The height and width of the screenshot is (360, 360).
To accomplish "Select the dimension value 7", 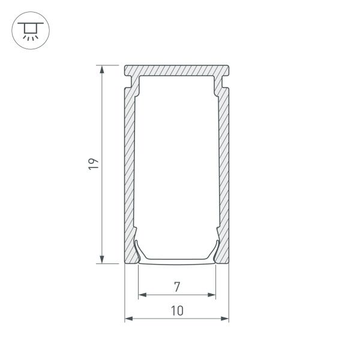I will coord(177,287).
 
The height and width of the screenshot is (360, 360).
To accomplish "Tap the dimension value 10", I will coord(177,311).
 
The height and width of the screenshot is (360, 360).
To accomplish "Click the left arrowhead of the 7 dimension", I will coord(142,295).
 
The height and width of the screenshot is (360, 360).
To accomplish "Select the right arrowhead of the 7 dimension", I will coord(212,295).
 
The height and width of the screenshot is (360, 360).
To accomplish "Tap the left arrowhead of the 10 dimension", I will coord(128,319).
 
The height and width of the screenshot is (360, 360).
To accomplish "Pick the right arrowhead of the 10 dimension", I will coord(226,319).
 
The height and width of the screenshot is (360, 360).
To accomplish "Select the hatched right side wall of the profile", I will coord(224,174).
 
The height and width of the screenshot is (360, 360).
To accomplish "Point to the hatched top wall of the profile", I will coord(177,69).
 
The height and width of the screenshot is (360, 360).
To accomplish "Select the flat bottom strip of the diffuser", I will coord(177,261).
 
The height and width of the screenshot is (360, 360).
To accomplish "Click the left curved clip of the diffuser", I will coord(138,249).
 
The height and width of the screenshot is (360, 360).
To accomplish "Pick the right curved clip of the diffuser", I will coord(216,249).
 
